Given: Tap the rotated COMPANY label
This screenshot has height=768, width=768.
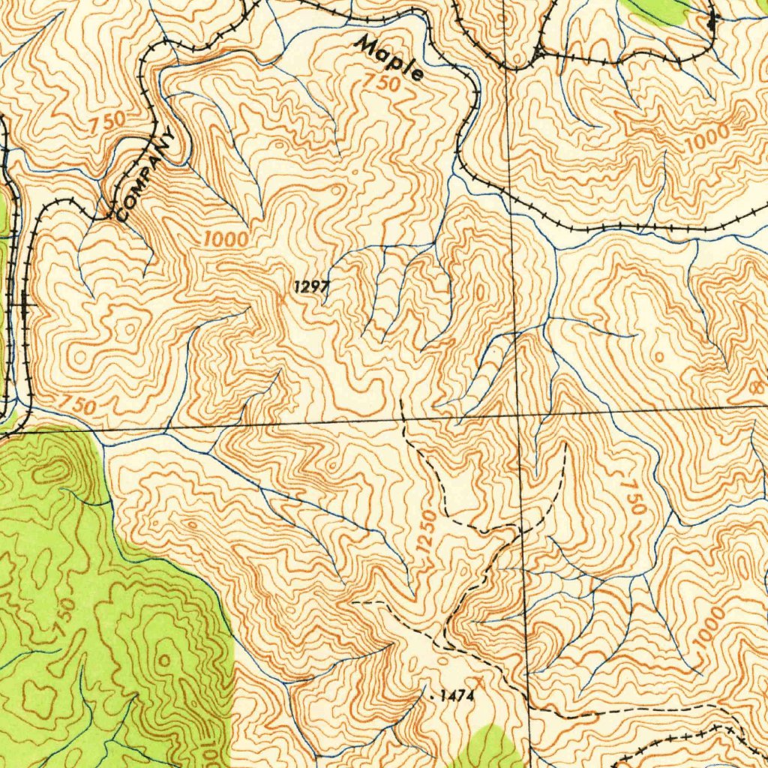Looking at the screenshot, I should click(148, 175).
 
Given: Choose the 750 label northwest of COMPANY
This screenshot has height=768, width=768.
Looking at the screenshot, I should click(106, 124).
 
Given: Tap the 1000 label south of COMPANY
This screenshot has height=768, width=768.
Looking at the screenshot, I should click(224, 240).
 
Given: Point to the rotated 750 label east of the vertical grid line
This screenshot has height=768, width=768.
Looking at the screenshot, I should click(632, 492).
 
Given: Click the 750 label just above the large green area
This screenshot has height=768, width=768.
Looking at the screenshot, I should click(75, 406).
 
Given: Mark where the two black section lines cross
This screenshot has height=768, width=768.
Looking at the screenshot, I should click(519, 412).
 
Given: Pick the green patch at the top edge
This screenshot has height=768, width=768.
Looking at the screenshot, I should click(660, 9).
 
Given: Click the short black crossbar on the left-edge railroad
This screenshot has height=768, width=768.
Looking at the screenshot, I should click(24, 305).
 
